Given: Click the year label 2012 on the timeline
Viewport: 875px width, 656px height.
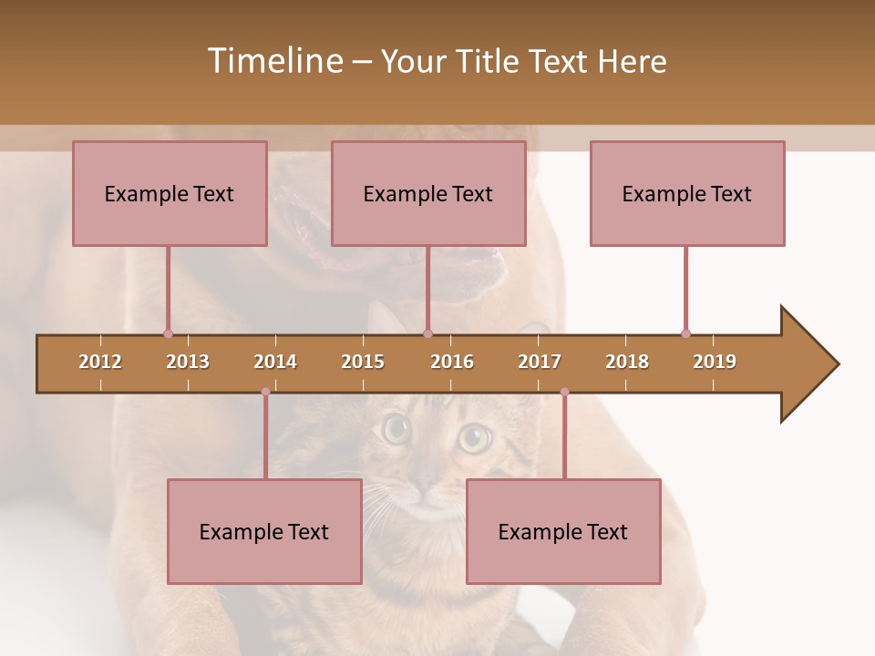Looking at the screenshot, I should pyautogui.click(x=100, y=362).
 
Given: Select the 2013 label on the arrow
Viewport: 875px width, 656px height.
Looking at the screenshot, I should pyautogui.click(x=188, y=362).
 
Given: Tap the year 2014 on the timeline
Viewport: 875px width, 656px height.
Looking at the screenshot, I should pyautogui.click(x=275, y=362).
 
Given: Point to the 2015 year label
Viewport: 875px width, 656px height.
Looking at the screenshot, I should pyautogui.click(x=363, y=362).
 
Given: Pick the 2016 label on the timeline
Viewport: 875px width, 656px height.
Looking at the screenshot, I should pyautogui.click(x=452, y=362).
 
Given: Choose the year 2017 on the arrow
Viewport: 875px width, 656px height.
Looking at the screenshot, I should pyautogui.click(x=540, y=362).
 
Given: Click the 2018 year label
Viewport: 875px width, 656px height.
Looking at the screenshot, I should pyautogui.click(x=627, y=362).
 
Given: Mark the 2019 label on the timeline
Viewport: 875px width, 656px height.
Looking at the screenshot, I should pyautogui.click(x=715, y=362).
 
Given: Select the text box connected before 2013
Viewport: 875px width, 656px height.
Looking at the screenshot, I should pyautogui.click(x=170, y=193).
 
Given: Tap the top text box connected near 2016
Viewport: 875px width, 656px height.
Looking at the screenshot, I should pyautogui.click(x=428, y=193).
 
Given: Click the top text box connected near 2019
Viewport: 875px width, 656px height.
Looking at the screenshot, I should pyautogui.click(x=687, y=193).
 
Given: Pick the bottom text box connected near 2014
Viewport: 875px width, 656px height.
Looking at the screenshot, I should pyautogui.click(x=264, y=531).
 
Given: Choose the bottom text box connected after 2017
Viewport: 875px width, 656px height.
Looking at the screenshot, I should pyautogui.click(x=563, y=531).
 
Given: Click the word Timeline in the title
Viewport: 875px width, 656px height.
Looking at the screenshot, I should pyautogui.click(x=274, y=61).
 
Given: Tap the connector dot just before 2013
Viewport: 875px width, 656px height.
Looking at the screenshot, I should pyautogui.click(x=168, y=333).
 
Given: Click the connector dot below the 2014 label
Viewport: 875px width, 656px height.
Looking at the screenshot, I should pyautogui.click(x=265, y=392).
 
